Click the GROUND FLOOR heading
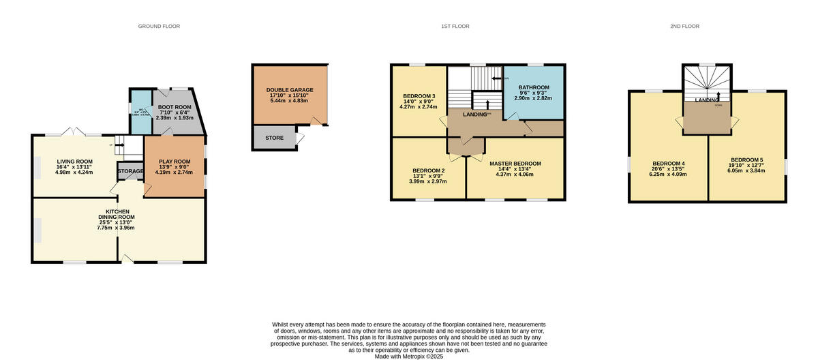tap(159, 26)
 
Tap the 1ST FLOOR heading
tap(455, 26)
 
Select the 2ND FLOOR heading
tap(684, 26)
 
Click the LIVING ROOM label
tap(74, 162)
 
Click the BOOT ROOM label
tap(175, 107)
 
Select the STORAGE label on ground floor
tap(130, 171)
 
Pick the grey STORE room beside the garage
tap(274, 138)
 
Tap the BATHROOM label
tap(533, 88)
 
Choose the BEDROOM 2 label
tap(428, 170)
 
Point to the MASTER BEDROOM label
tap(515, 164)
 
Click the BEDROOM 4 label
tap(668, 164)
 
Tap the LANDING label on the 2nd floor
tap(708, 100)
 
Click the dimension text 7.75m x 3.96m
tap(116, 228)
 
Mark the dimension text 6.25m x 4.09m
tap(668, 175)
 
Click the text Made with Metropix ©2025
tap(408, 356)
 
